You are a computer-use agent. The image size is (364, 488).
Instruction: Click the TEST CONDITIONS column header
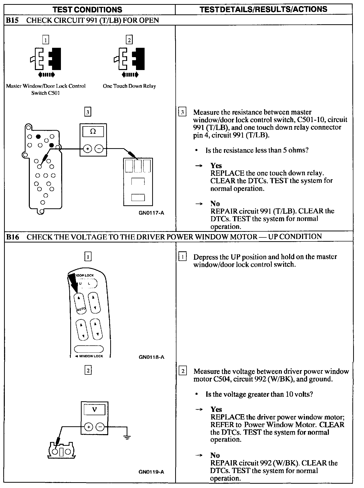pyautogui.click(x=87, y=10)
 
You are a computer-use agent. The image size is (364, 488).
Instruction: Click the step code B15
pyautogui.click(x=12, y=20)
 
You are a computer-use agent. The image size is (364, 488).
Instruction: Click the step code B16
pyautogui.click(x=12, y=237)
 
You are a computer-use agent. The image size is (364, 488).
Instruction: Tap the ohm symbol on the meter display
pyautogui.click(x=93, y=131)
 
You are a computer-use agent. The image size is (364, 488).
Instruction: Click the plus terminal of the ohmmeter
pyautogui.click(x=87, y=149)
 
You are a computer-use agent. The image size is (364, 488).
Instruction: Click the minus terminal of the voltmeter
pyautogui.click(x=100, y=427)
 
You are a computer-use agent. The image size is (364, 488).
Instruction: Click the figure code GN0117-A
pyautogui.click(x=151, y=213)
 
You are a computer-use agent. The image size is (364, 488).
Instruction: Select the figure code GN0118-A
pyautogui.click(x=151, y=357)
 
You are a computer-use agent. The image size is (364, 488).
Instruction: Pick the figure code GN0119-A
pyautogui.click(x=151, y=472)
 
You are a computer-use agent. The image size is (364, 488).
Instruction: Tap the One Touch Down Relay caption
pyautogui.click(x=129, y=86)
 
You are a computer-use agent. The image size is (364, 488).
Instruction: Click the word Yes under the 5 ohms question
pyautogui.click(x=216, y=166)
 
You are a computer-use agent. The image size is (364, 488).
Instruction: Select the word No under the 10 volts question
pyautogui.click(x=215, y=455)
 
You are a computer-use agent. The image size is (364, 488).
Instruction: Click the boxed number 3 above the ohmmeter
pyautogui.click(x=88, y=112)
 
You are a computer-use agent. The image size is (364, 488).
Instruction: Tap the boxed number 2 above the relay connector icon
pyautogui.click(x=129, y=40)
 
